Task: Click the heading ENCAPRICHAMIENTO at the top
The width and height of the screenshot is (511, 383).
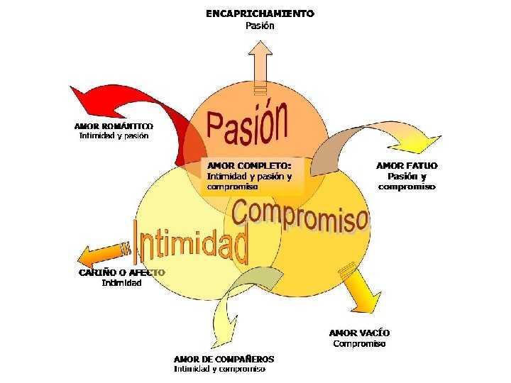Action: pyautogui.click(x=260, y=13)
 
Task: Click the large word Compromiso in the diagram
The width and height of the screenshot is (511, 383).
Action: pyautogui.click(x=300, y=213)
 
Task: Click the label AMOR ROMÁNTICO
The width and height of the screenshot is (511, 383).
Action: pyautogui.click(x=114, y=126)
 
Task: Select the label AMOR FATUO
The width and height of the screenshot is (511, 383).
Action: pyautogui.click(x=407, y=165)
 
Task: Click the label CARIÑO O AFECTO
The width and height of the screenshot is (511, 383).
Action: pyautogui.click(x=121, y=272)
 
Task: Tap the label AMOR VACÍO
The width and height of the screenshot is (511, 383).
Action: pyautogui.click(x=359, y=333)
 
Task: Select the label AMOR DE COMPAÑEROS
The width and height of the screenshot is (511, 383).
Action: pyautogui.click(x=224, y=359)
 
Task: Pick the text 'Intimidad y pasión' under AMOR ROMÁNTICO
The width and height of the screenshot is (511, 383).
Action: pyautogui.click(x=114, y=135)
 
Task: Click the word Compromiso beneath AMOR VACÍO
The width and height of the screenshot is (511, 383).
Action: pyautogui.click(x=359, y=344)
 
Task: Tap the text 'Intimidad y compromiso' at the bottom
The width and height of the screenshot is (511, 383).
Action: pyautogui.click(x=220, y=369)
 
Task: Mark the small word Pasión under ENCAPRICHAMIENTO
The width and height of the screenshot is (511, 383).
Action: pyautogui.click(x=260, y=26)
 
